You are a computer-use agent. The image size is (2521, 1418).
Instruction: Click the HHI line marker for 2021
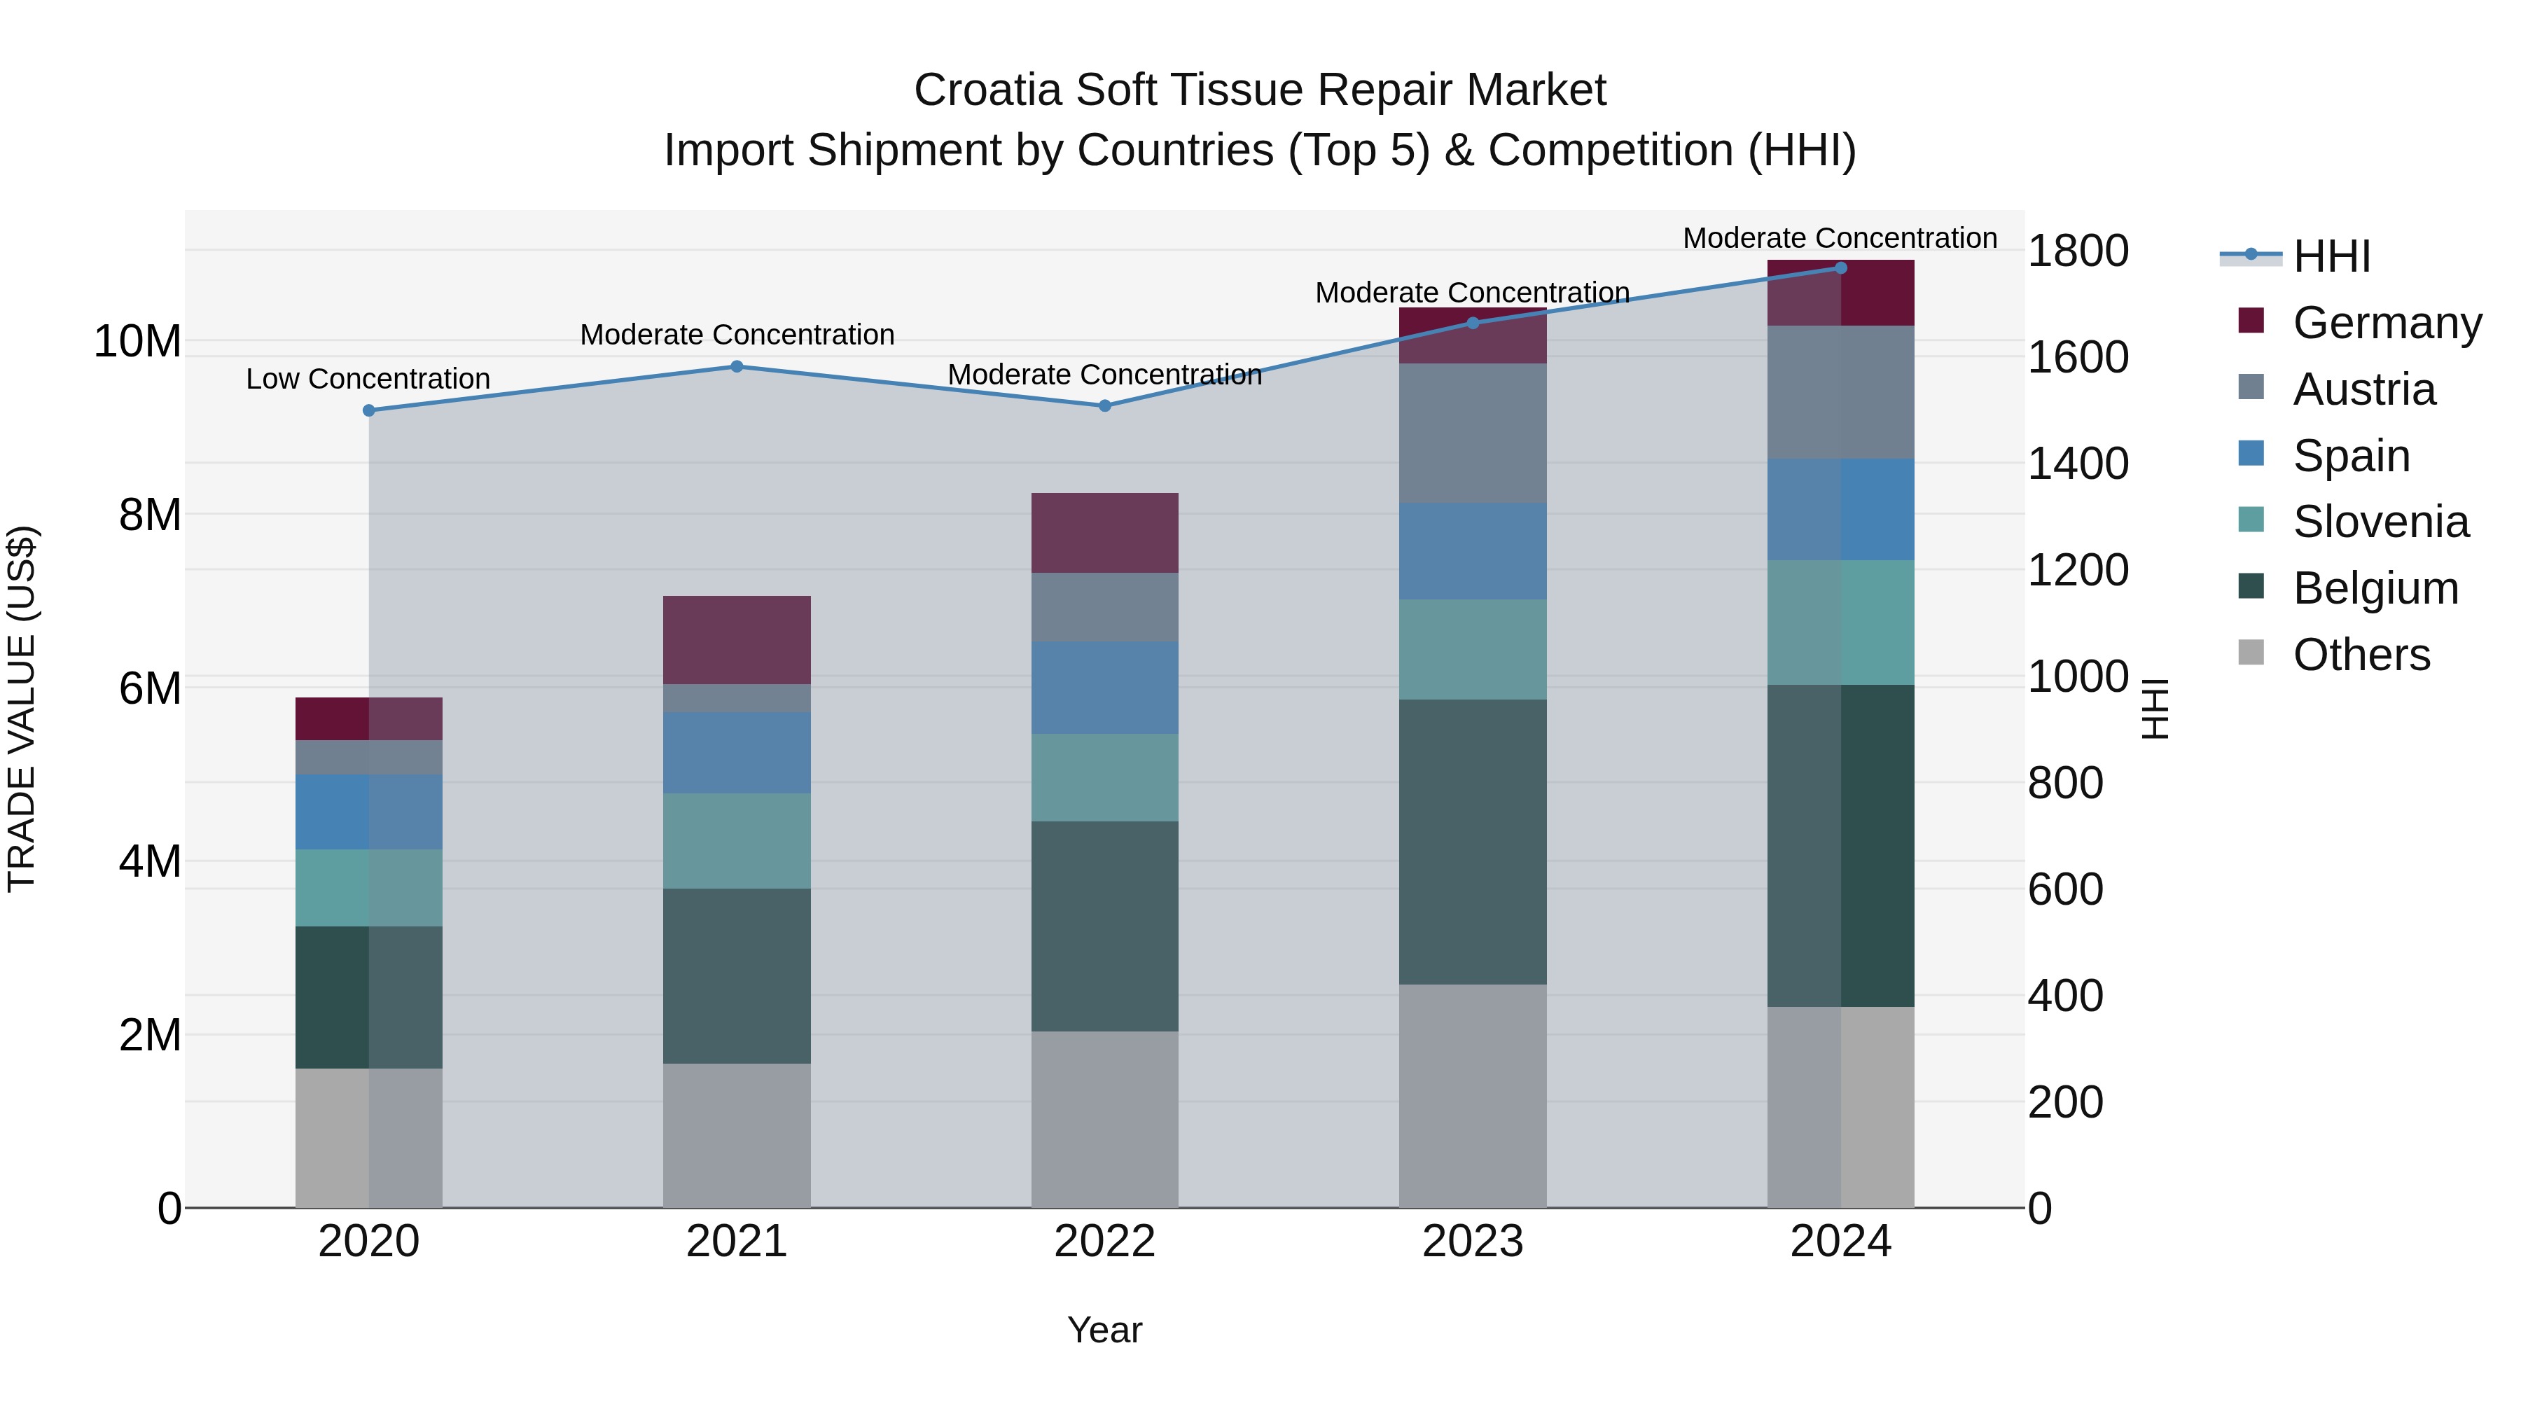point(737,367)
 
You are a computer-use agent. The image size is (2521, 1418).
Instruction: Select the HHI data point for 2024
point(1840,267)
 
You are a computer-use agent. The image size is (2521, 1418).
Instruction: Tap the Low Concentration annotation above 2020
point(368,379)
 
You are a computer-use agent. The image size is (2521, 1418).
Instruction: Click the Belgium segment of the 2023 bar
point(1472,842)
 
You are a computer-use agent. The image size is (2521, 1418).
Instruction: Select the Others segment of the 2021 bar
point(737,1135)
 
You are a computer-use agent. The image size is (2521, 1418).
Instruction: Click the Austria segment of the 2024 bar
point(1840,391)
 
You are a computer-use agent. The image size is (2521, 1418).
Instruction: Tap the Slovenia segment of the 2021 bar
point(737,840)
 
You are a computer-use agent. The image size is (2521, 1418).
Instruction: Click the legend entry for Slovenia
point(2380,522)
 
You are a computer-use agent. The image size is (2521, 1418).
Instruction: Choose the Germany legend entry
point(2386,322)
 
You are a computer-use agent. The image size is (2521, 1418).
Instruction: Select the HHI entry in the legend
point(2330,256)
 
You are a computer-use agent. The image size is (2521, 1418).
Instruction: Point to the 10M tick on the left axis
point(137,342)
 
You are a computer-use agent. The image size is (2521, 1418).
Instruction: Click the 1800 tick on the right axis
point(2077,251)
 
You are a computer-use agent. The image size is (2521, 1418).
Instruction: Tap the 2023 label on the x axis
point(1472,1242)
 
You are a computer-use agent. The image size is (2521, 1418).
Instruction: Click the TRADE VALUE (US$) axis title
point(22,709)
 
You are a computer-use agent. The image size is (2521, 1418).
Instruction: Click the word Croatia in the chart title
point(987,90)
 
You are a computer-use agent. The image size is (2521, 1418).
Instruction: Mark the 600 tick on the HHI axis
point(2065,889)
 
